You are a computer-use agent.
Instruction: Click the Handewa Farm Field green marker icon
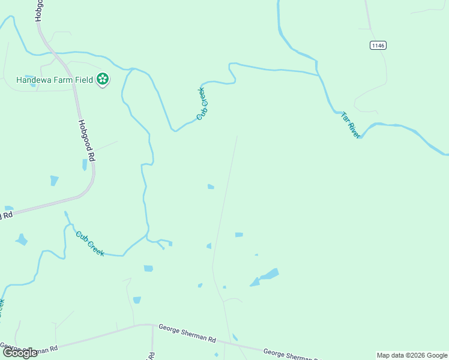tap(103, 79)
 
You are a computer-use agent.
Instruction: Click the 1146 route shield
tap(378, 46)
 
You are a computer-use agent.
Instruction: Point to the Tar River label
tap(351, 125)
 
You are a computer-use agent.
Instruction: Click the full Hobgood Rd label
tap(87, 139)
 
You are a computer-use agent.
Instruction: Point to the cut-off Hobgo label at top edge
tap(39, 11)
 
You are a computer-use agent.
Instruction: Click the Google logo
tap(20, 353)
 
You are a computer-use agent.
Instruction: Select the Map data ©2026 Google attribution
tap(412, 355)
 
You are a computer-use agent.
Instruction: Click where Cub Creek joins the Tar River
tap(318, 75)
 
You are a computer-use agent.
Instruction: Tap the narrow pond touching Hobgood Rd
tap(85, 164)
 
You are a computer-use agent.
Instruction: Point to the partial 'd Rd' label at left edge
tap(7, 215)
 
